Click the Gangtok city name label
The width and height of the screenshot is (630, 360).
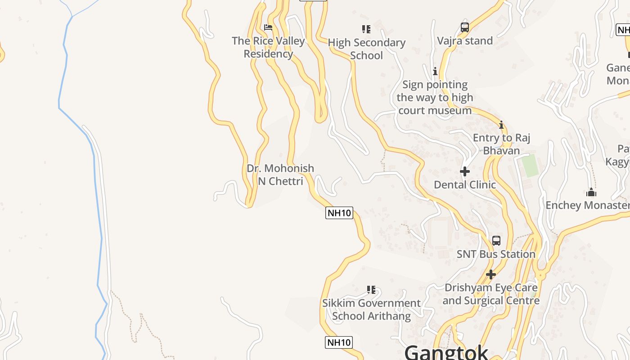click(x=446, y=351)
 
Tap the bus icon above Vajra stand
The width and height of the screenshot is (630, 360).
click(x=465, y=27)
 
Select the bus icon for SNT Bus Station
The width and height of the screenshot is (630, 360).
click(x=496, y=241)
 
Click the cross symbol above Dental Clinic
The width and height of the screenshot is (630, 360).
click(x=465, y=171)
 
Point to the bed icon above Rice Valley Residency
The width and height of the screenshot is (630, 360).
click(x=268, y=27)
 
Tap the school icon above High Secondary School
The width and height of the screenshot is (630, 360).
click(x=366, y=29)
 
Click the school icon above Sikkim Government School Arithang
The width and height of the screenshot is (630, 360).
click(x=371, y=290)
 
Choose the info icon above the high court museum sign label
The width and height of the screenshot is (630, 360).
click(x=435, y=71)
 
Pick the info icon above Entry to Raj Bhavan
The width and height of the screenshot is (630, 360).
click(x=501, y=125)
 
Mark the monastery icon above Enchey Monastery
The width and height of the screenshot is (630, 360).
click(x=591, y=193)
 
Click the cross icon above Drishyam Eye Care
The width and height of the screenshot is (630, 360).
click(x=491, y=274)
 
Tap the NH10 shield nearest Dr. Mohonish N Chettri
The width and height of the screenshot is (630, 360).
click(x=339, y=213)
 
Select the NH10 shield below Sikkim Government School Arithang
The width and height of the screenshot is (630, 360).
click(x=339, y=342)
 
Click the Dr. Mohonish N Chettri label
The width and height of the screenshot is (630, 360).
click(x=280, y=175)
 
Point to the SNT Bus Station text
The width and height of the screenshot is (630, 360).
click(x=496, y=254)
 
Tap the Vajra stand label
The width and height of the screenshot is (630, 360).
click(x=465, y=41)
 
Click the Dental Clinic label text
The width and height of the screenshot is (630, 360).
click(x=465, y=184)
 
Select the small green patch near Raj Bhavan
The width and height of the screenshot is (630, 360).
click(x=530, y=165)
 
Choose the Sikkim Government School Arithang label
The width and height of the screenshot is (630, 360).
click(x=371, y=310)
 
